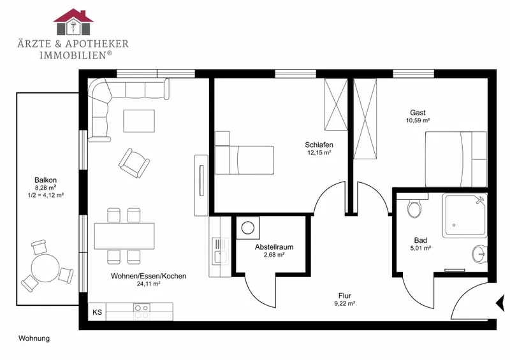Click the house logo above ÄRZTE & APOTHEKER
tap(73, 22)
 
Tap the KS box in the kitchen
tap(97, 312)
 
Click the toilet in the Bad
tap(414, 208)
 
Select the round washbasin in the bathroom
tap(479, 254)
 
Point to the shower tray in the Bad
tap(465, 215)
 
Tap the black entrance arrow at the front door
tap(500, 304)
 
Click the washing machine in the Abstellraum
tap(248, 227)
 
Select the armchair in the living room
tap(134, 163)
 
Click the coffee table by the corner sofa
tap(139, 121)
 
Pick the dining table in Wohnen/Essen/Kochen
tap(124, 236)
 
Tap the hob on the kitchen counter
tap(142, 312)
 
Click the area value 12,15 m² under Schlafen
tap(319, 152)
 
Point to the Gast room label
tap(418, 113)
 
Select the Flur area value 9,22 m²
tap(344, 304)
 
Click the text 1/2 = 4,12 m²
tap(45, 195)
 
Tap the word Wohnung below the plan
tap(34, 338)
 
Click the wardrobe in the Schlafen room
tap(336, 104)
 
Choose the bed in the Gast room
tap(456, 159)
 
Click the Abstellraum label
tap(274, 247)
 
